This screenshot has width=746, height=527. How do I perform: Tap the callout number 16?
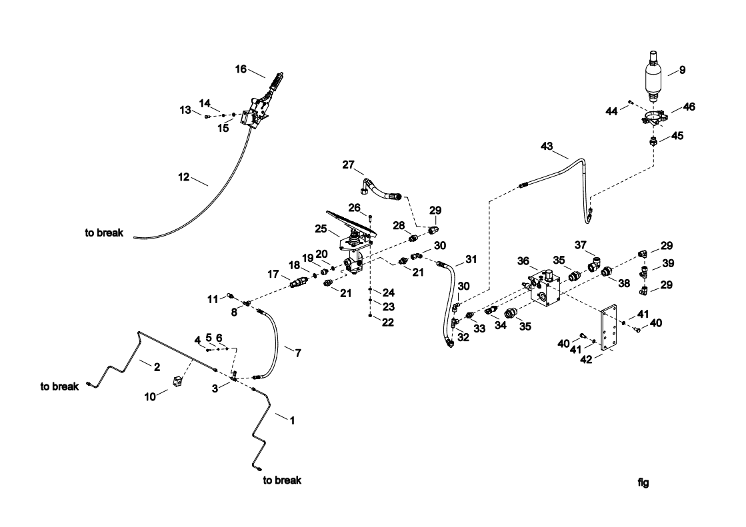click(x=241, y=68)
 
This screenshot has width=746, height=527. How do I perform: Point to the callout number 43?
click(x=547, y=146)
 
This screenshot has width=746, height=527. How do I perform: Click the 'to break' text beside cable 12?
click(x=104, y=233)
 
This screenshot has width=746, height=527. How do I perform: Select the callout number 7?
click(x=297, y=353)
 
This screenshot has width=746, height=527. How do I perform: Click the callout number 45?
click(x=677, y=136)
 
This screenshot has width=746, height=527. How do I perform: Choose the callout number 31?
click(x=471, y=259)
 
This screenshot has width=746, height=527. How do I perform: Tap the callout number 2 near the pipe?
click(x=157, y=366)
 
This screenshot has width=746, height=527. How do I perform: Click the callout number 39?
click(x=668, y=264)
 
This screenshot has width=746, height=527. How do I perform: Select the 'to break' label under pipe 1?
click(x=282, y=480)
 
